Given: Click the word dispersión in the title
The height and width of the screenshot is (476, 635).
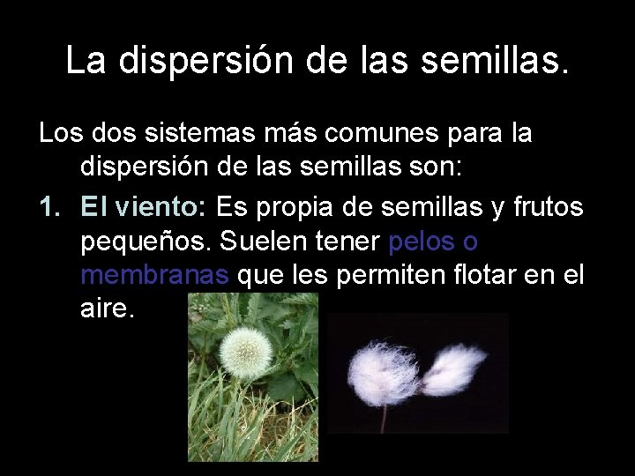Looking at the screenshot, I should (x=232, y=60).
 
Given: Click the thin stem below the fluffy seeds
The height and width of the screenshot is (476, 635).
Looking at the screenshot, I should (x=384, y=419).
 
